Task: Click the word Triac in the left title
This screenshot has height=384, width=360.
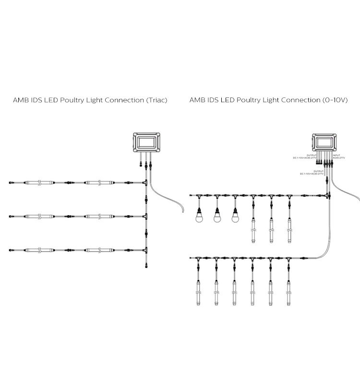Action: (156, 101)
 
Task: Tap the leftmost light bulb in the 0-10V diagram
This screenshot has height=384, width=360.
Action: (199, 217)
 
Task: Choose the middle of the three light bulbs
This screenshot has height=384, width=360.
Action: (217, 217)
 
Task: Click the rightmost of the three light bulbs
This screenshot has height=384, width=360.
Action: (235, 217)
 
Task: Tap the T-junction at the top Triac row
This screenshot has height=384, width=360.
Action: (144, 183)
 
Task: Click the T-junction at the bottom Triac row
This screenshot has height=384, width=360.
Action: (144, 250)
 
